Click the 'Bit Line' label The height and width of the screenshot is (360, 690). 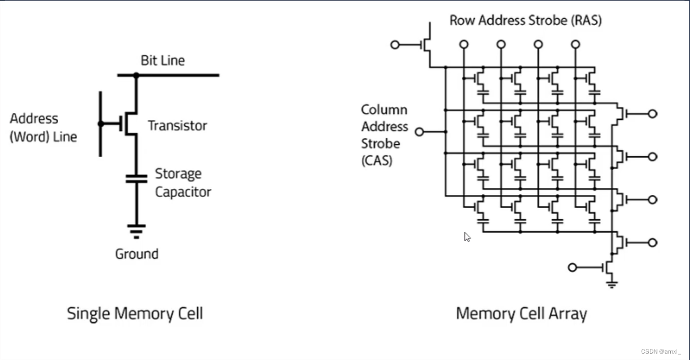162,60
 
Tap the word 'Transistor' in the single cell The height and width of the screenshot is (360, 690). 177,126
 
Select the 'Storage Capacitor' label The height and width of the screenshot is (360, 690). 183,183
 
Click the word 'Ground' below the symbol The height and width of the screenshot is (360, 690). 137,254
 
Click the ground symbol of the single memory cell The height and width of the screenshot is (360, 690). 136,230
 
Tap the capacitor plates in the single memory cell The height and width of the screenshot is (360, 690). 136,177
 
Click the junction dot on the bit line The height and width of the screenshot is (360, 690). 136,75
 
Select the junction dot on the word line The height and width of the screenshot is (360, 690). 100,124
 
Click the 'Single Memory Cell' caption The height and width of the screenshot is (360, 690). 135,314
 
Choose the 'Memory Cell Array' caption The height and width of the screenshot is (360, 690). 521,314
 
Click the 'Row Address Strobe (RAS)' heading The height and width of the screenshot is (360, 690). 525,21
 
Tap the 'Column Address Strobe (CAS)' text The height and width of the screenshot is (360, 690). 384,135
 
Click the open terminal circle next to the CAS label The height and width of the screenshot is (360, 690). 419,132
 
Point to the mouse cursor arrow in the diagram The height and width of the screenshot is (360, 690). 467,236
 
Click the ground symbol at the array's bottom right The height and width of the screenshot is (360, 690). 611,284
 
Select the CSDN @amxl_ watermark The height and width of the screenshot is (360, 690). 660,351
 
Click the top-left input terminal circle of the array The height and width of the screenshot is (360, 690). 395,45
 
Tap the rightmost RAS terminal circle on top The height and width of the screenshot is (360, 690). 575,44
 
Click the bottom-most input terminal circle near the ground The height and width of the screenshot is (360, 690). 572,268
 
